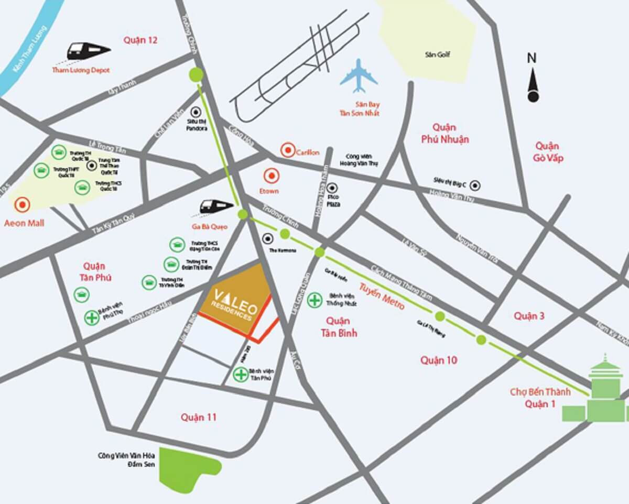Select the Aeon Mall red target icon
pyautogui.click(x=23, y=204)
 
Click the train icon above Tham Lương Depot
pyautogui.click(x=88, y=51)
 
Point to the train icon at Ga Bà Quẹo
pyautogui.click(x=216, y=206)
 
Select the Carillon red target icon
pyautogui.click(x=288, y=151)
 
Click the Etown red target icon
pyautogui.click(x=272, y=176)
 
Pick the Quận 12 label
pyautogui.click(x=140, y=40)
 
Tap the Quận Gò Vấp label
pyautogui.click(x=547, y=152)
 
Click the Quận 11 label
pyautogui.click(x=199, y=417)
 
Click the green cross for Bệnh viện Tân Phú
pyautogui.click(x=241, y=374)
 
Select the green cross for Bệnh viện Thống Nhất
pyautogui.click(x=314, y=300)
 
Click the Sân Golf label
pyautogui.click(x=438, y=54)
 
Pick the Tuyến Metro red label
pyautogui.click(x=382, y=296)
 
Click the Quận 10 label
pyautogui.click(x=439, y=360)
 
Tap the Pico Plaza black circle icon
pyautogui.click(x=331, y=188)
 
